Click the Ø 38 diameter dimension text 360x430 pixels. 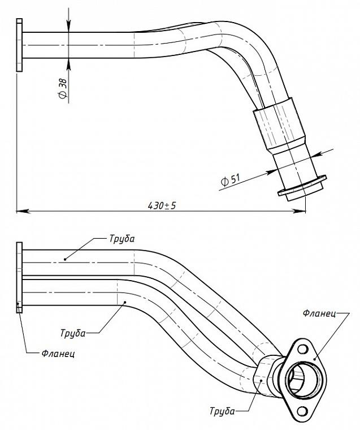coord(63,89)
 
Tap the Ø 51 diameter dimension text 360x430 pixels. coord(231,180)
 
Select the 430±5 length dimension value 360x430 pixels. coord(162,205)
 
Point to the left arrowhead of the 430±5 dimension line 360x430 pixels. coord(23,212)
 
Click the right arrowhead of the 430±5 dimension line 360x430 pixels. coord(299,211)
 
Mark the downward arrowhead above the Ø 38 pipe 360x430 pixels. coord(68,27)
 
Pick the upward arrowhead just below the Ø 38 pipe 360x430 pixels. coord(68,64)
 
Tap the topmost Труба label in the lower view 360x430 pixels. coord(122,239)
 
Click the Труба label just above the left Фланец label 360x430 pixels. coord(73,333)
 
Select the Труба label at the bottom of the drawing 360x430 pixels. coord(222,411)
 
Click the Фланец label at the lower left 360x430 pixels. coord(58,354)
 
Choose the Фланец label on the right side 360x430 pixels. coord(319,313)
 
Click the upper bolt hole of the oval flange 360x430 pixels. coord(302,349)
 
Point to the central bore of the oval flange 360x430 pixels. coord(302,380)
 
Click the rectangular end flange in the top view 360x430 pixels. coord(19,45)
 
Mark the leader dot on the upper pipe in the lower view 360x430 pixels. coord(65,259)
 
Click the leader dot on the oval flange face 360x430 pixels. coord(315,359)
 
